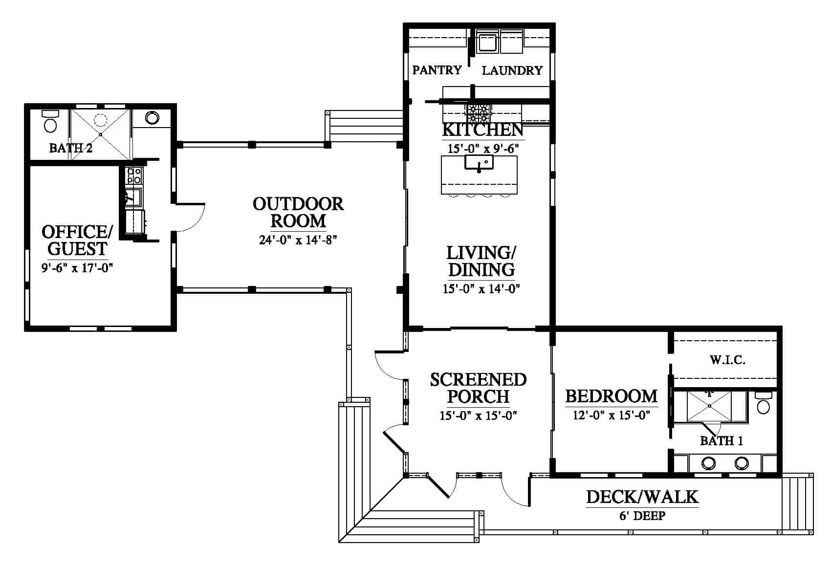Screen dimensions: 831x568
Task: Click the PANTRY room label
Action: [x=437, y=70]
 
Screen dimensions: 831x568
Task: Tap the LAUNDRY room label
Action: [x=512, y=70]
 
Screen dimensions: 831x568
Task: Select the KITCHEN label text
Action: [x=483, y=130]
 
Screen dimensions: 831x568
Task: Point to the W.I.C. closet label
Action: [x=727, y=360]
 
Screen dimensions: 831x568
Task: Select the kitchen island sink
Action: [x=479, y=162]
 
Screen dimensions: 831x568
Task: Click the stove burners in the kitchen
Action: [x=478, y=113]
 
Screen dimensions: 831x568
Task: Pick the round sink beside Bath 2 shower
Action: [x=152, y=118]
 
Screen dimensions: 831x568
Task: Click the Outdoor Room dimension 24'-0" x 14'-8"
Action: [x=298, y=240]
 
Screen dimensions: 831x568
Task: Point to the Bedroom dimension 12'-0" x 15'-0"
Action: [x=612, y=415]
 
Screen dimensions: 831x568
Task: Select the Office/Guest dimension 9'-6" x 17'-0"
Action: [x=77, y=267]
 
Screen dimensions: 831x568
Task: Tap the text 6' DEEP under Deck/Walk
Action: [x=642, y=515]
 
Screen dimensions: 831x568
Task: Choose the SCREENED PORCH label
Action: [x=478, y=388]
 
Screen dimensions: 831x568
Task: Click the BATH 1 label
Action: [x=721, y=441]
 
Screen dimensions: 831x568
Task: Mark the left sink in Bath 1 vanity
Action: [x=708, y=463]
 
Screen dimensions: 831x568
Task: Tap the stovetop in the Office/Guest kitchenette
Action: [x=134, y=176]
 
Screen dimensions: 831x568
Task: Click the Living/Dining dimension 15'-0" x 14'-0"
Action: [x=481, y=288]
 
